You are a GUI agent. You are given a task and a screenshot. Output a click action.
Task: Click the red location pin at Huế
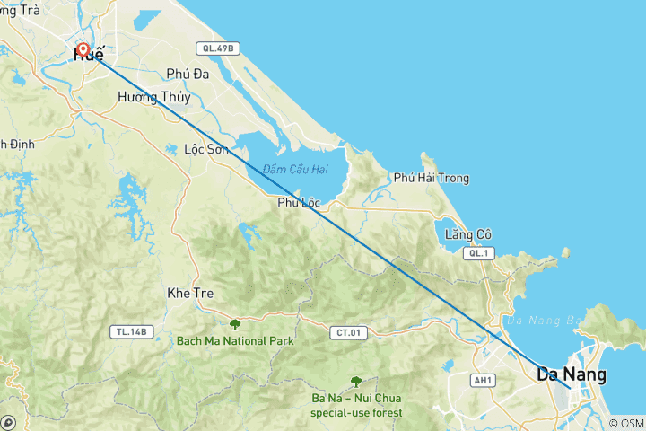point(83,50)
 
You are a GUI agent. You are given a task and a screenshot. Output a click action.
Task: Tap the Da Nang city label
point(571,374)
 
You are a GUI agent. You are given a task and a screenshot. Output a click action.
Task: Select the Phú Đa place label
point(188,75)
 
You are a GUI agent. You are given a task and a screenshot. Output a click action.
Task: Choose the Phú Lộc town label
point(299,203)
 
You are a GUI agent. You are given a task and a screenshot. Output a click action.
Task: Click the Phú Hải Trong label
point(431,178)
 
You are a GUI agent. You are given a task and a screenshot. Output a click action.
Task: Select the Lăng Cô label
point(468,234)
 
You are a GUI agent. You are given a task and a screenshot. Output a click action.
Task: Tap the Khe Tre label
point(189,293)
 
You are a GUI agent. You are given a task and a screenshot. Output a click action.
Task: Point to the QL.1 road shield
point(476,254)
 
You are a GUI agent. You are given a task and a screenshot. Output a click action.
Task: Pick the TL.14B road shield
point(129,331)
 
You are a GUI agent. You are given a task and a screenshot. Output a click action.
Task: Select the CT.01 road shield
point(349,333)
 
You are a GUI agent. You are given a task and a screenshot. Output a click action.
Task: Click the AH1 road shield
point(484,380)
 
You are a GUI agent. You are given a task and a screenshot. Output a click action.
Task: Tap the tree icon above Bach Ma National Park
point(235,324)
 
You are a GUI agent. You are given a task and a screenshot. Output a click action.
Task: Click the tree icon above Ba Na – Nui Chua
point(356,381)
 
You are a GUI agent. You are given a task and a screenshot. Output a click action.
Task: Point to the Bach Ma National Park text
point(235,341)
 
